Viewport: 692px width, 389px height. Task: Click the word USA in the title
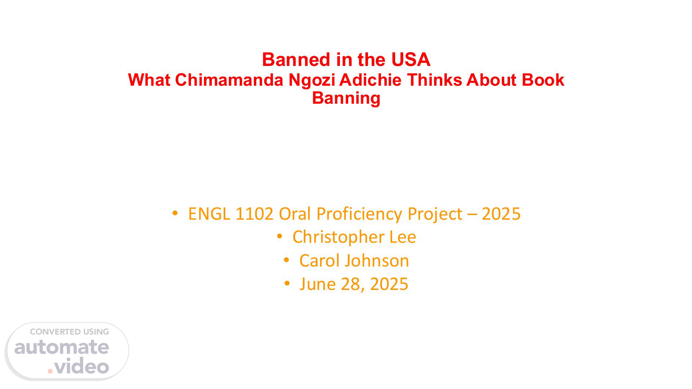(411, 60)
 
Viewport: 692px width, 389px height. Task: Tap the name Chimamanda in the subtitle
(230, 80)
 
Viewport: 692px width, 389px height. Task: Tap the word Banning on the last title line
(346, 98)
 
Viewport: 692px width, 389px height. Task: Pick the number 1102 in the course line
(254, 214)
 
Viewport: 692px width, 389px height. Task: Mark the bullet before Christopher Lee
(279, 236)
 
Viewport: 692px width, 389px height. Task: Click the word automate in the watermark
(62, 347)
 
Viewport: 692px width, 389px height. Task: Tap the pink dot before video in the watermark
(50, 371)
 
